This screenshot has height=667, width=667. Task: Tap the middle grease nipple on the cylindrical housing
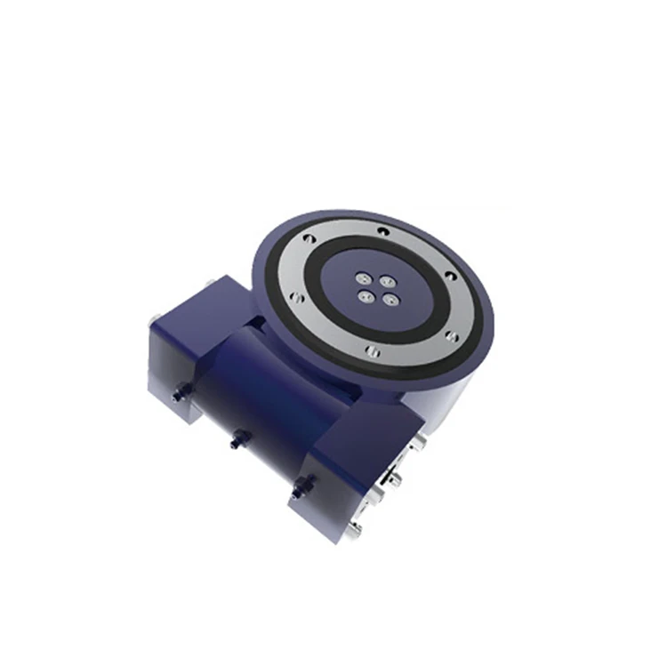pyautogui.click(x=237, y=438)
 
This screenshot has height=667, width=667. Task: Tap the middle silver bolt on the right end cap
pyautogui.click(x=397, y=481)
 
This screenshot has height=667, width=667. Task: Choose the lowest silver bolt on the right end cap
pyautogui.click(x=355, y=530)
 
